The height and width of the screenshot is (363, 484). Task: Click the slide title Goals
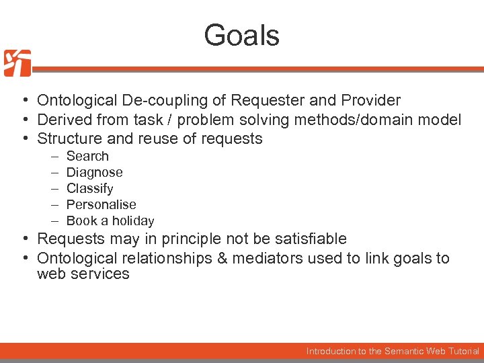(x=242, y=35)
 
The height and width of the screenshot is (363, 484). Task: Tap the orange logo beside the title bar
(x=17, y=63)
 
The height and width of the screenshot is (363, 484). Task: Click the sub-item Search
(x=87, y=157)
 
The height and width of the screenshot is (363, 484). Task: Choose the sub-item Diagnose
(x=94, y=173)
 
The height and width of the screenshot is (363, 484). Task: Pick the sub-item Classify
(x=89, y=189)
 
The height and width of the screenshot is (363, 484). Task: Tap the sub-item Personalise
(x=101, y=205)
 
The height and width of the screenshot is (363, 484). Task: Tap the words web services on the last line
(x=83, y=274)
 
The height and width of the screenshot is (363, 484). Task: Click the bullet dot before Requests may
(x=24, y=239)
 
